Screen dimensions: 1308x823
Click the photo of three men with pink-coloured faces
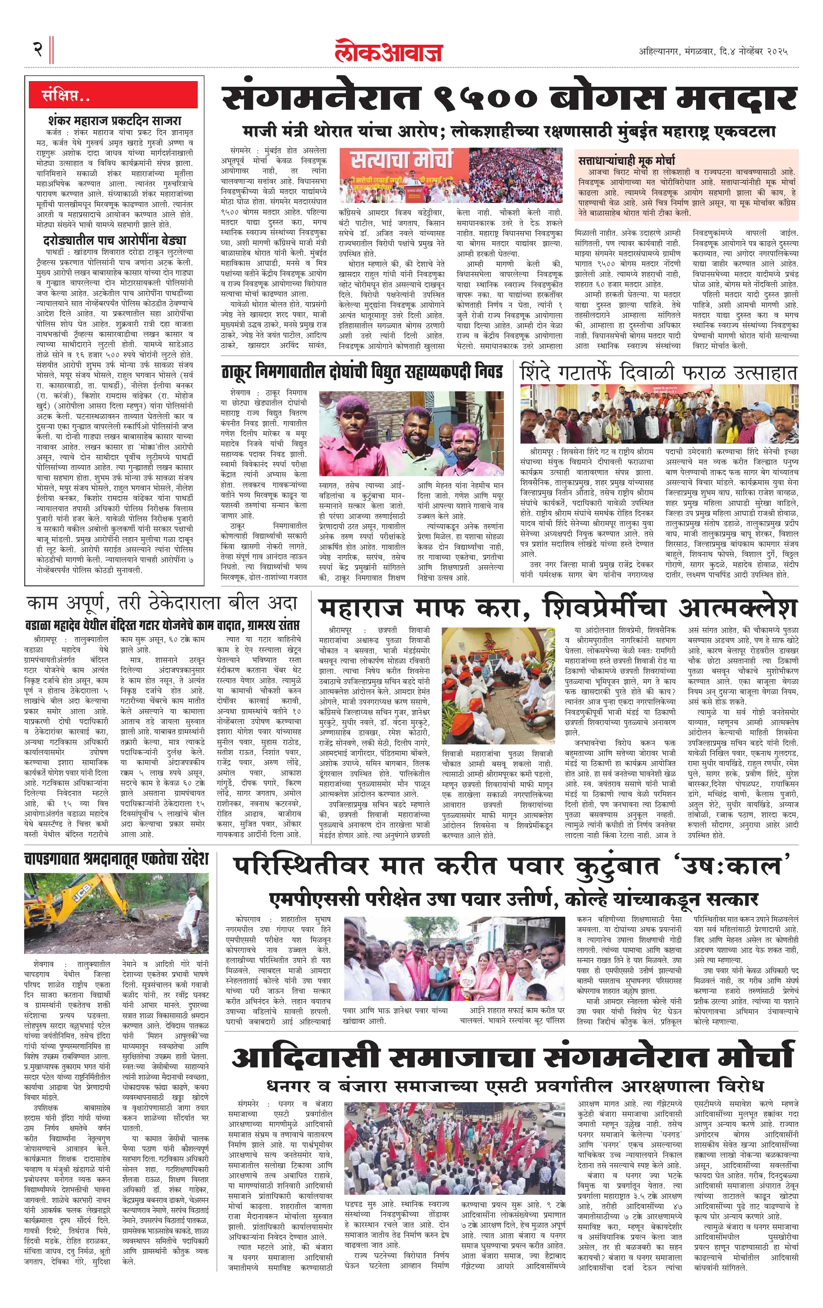coord(411,433)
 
